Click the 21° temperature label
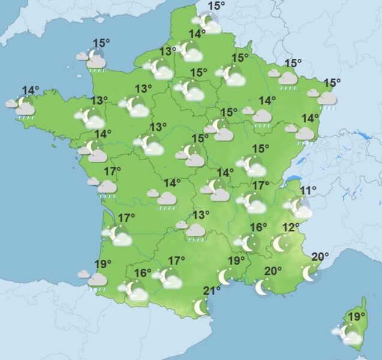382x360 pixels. [212, 292]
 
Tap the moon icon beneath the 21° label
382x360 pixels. [201, 307]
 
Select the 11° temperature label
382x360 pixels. [308, 191]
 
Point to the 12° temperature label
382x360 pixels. [291, 227]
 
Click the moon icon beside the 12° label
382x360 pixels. [280, 244]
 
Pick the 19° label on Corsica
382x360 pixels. [357, 316]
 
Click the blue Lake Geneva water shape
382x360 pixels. [293, 178]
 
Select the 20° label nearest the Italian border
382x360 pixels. [320, 257]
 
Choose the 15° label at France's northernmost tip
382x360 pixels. [216, 6]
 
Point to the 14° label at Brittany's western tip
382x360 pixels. [31, 91]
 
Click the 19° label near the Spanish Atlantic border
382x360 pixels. [104, 263]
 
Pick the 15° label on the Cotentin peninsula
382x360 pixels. [101, 43]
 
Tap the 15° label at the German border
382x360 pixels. [332, 83]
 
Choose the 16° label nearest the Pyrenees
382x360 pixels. [142, 273]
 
